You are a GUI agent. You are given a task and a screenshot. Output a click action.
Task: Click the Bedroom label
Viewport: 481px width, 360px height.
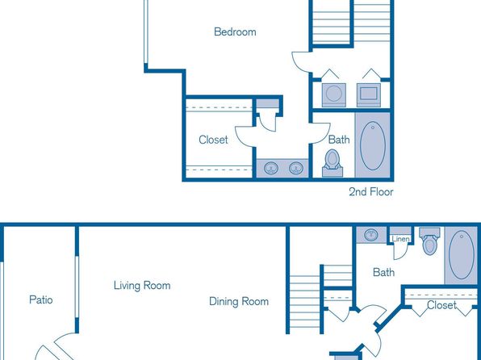click(235, 32)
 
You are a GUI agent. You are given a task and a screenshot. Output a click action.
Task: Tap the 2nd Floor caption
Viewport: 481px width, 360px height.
click(371, 192)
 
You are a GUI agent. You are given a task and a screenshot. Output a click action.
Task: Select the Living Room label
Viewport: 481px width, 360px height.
click(142, 286)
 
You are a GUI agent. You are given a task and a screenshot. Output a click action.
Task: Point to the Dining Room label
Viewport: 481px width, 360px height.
click(239, 301)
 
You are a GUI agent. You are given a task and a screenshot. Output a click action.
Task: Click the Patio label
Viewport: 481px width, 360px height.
click(41, 299)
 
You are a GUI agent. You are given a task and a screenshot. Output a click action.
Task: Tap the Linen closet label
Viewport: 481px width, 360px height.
click(400, 239)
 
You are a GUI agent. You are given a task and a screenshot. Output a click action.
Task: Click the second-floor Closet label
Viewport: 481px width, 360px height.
click(213, 140)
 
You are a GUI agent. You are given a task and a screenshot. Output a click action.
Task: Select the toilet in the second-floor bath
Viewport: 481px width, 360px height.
click(333, 163)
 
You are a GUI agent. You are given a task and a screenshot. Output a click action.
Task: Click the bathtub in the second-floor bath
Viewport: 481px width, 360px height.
click(373, 146)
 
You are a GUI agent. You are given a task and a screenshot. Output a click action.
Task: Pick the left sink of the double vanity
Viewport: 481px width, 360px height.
click(271, 168)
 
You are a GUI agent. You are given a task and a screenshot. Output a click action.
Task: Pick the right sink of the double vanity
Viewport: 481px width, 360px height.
click(296, 168)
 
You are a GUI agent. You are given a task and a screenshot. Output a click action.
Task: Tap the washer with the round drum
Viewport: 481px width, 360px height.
click(334, 94)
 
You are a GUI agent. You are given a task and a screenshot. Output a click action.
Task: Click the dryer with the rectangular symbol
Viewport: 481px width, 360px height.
click(369, 94)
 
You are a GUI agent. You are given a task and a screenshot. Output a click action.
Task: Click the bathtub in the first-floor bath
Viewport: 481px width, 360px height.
click(462, 255)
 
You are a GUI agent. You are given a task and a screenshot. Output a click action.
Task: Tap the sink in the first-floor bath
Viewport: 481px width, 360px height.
click(371, 235)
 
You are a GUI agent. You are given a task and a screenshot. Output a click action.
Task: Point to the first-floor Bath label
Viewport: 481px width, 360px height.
click(383, 272)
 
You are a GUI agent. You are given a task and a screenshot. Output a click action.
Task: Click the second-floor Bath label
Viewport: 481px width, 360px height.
click(339, 140)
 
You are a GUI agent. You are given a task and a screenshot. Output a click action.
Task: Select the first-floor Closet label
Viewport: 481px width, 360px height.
click(441, 305)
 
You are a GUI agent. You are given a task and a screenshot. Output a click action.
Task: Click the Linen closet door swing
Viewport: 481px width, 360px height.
click(402, 253)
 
